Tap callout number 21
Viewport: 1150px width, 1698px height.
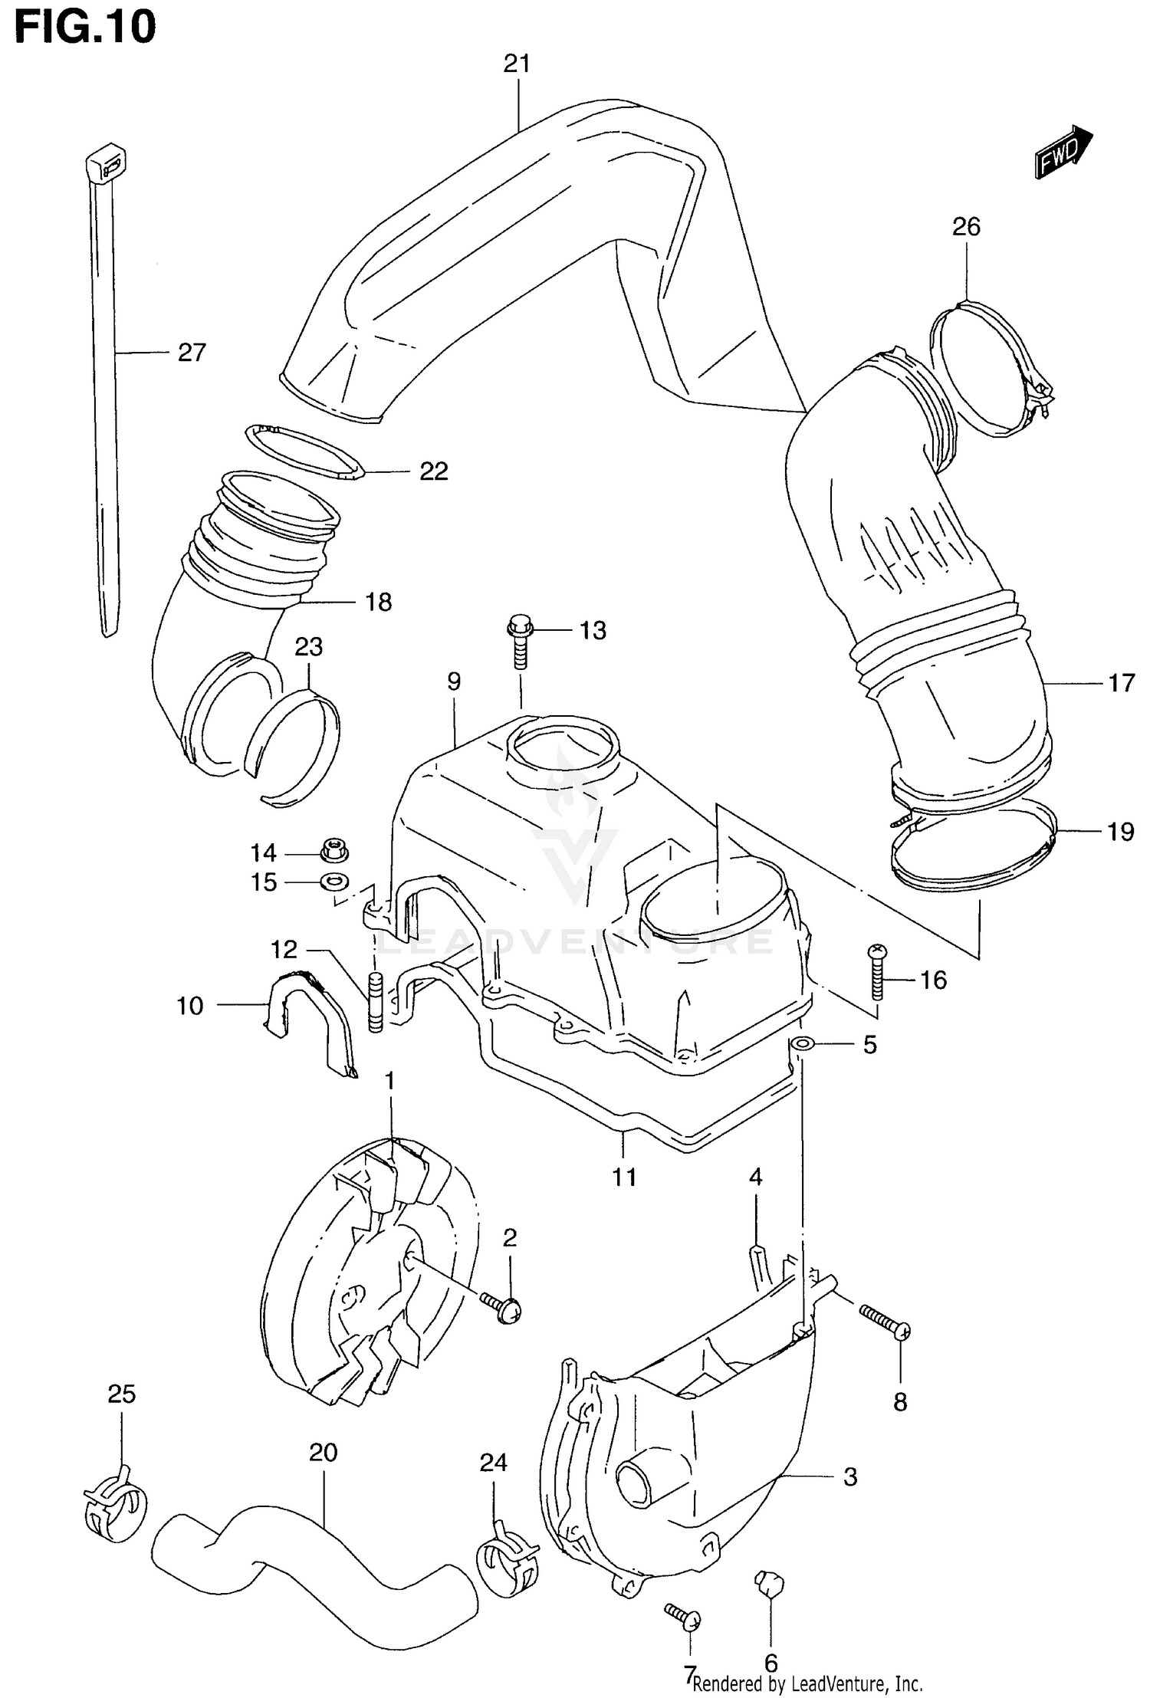point(517,64)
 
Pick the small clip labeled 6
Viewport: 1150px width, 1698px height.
point(770,1581)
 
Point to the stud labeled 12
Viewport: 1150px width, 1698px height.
point(376,1002)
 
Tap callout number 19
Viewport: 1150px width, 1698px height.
point(1120,832)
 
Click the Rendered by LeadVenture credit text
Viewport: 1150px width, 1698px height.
point(807,1683)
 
